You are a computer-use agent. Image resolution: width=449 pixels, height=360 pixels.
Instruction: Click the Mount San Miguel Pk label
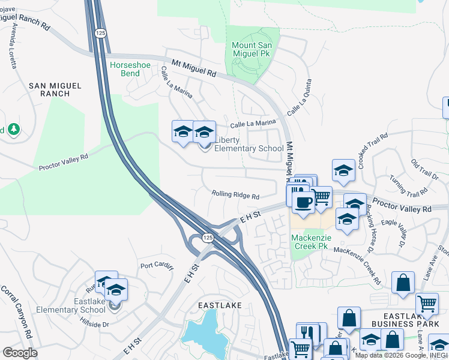[x=252, y=49]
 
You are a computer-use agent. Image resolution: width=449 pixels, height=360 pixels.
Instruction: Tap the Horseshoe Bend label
[x=125, y=69]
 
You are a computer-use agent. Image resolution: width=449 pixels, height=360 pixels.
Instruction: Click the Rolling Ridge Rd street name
[x=235, y=196]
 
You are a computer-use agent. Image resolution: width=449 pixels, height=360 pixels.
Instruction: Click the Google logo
[x=20, y=352]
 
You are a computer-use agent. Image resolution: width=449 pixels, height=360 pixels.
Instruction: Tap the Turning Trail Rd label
[x=408, y=185]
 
